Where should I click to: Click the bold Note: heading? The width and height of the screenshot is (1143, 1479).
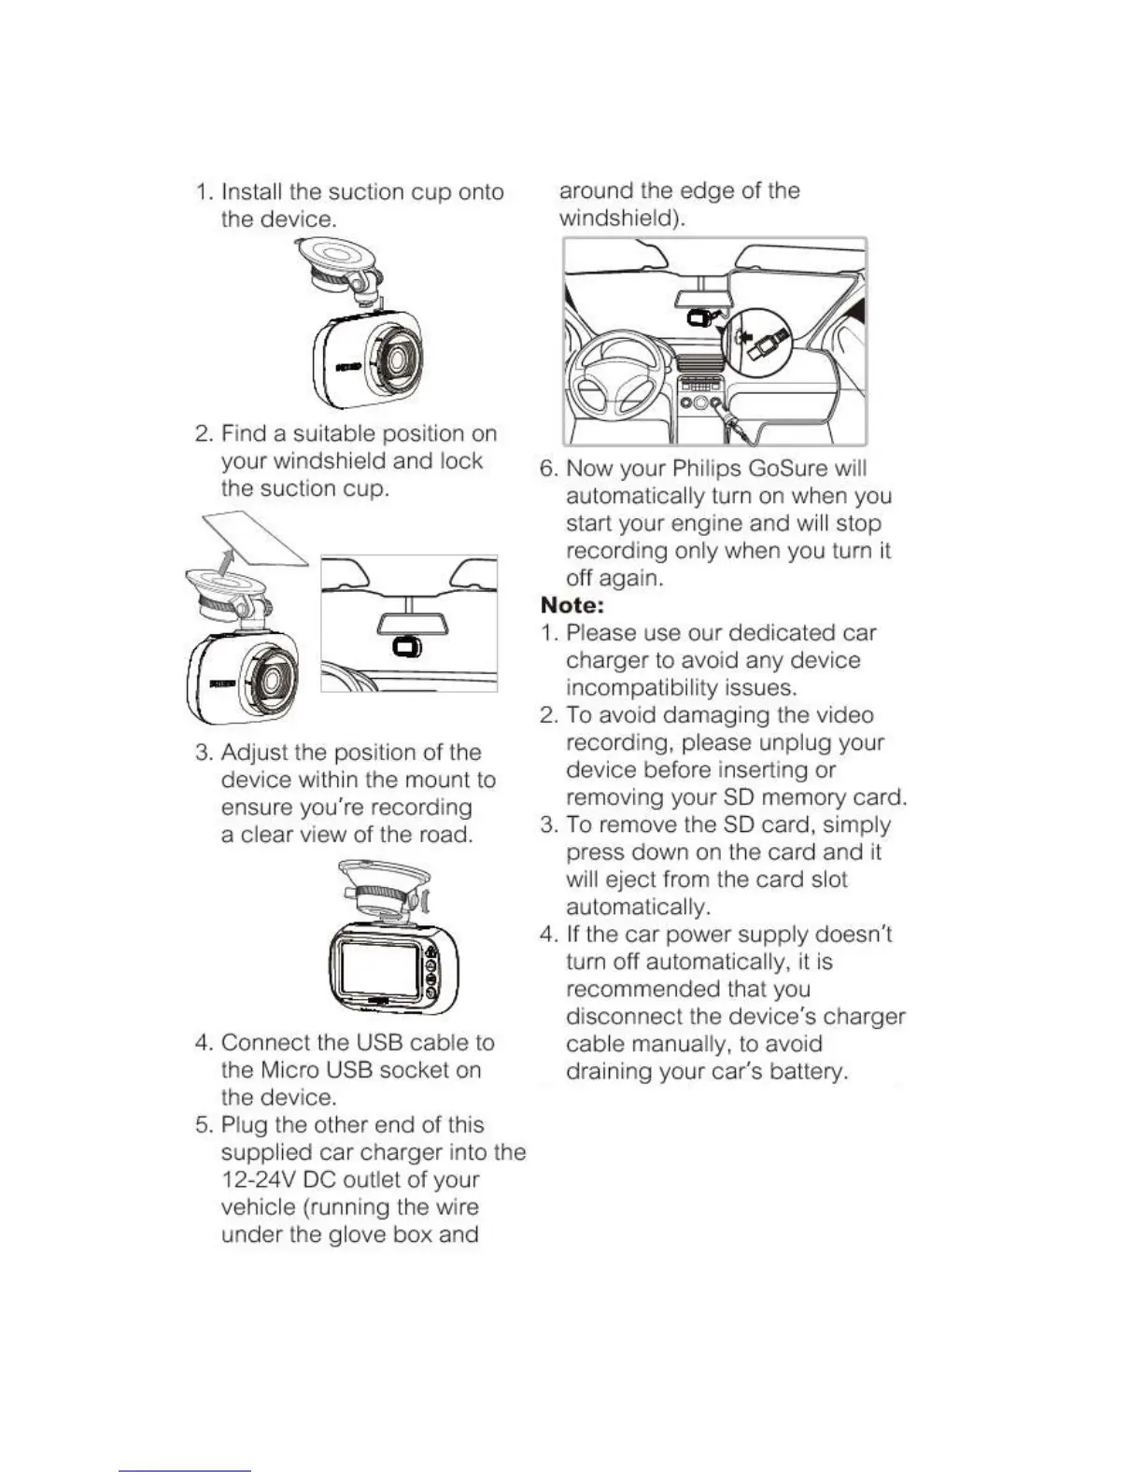pos(572,605)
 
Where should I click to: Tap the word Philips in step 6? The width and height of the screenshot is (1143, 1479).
pos(709,469)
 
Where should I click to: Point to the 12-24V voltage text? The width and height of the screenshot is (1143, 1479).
pos(263,1179)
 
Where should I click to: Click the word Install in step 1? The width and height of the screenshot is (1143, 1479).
pos(252,192)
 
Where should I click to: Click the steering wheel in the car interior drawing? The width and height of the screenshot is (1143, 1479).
pos(615,369)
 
